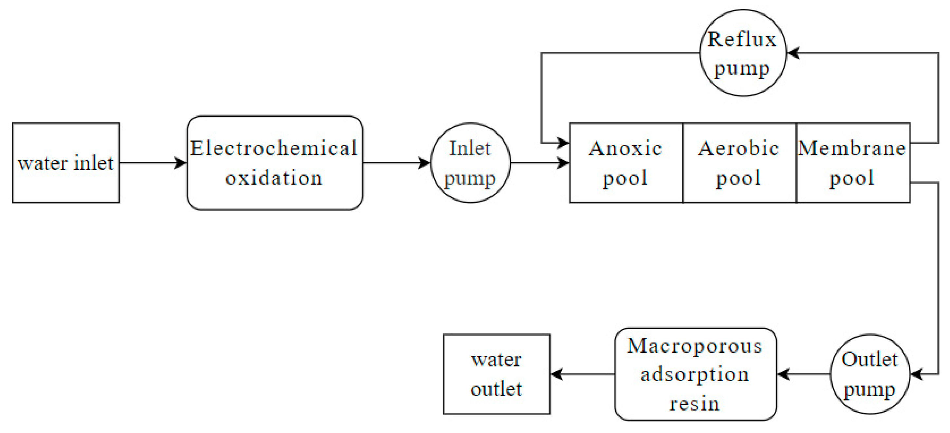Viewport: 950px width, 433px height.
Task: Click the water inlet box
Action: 66,163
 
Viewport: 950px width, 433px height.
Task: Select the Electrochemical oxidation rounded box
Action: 275,163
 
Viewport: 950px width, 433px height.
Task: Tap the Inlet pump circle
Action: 470,163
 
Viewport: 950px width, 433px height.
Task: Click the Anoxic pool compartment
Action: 626,163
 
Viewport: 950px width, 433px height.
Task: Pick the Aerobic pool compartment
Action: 739,163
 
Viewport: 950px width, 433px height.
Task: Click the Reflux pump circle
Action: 743,53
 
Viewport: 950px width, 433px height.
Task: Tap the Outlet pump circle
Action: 869,374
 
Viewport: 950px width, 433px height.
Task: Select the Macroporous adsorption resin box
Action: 696,374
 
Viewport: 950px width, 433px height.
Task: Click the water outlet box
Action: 496,374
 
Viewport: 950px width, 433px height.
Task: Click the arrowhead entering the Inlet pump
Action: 425,163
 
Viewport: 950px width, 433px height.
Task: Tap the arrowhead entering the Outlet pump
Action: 916,374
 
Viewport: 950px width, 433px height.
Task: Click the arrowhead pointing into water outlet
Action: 557,374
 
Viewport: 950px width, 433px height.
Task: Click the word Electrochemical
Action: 274,148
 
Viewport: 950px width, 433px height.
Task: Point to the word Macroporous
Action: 695,346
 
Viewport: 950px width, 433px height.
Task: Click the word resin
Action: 695,403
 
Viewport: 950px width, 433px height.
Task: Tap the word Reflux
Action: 742,39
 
